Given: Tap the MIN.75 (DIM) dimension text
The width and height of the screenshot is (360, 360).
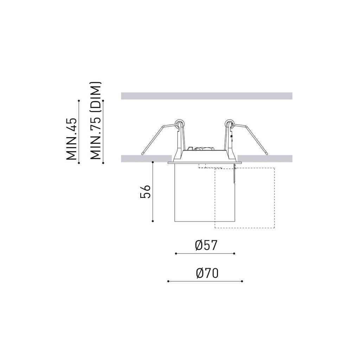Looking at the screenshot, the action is coord(96,121).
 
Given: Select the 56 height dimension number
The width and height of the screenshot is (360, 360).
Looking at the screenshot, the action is coord(145,191).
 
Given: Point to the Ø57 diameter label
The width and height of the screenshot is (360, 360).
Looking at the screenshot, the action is coord(206,245).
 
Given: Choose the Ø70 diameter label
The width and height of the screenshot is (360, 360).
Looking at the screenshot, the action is coord(207,273).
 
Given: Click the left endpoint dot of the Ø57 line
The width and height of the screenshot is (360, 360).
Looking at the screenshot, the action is coord(176,253).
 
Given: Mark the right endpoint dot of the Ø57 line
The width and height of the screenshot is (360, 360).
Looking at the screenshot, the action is coord(234,253).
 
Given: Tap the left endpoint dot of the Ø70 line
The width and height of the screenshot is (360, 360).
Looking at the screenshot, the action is coord(168,281).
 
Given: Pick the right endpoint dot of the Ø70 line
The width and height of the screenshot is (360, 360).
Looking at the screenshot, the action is coord(242,281).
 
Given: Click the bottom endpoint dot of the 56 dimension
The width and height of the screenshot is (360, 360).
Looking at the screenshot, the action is coord(153,221).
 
